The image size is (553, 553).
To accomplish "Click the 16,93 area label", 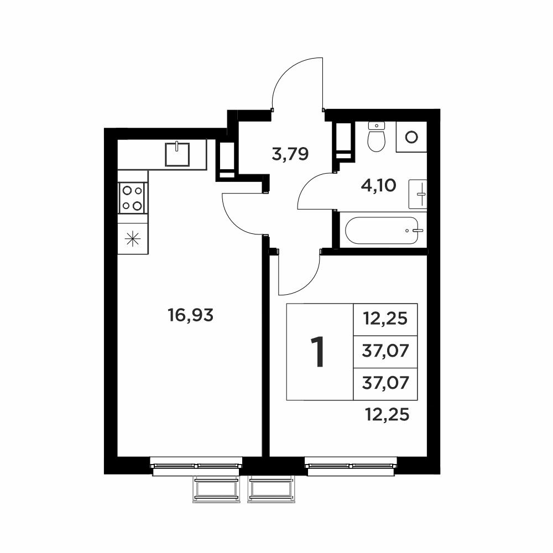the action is point(190,315).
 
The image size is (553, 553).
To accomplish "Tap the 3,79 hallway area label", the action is point(290,154).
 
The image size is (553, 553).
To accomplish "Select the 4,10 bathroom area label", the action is point(378,185).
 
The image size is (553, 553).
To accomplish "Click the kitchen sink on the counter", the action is point(178,154).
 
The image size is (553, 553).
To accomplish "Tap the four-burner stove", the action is point(132,198).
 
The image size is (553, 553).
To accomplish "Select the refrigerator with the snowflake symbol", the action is point(133,239).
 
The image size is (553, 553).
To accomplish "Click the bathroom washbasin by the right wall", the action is point(418,194).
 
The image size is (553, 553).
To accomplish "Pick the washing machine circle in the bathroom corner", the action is point(411,137).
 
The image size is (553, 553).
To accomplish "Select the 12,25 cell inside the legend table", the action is point(385,319).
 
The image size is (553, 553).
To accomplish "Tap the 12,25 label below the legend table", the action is point(387,415).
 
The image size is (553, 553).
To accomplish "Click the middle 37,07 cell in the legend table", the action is point(385,352).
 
